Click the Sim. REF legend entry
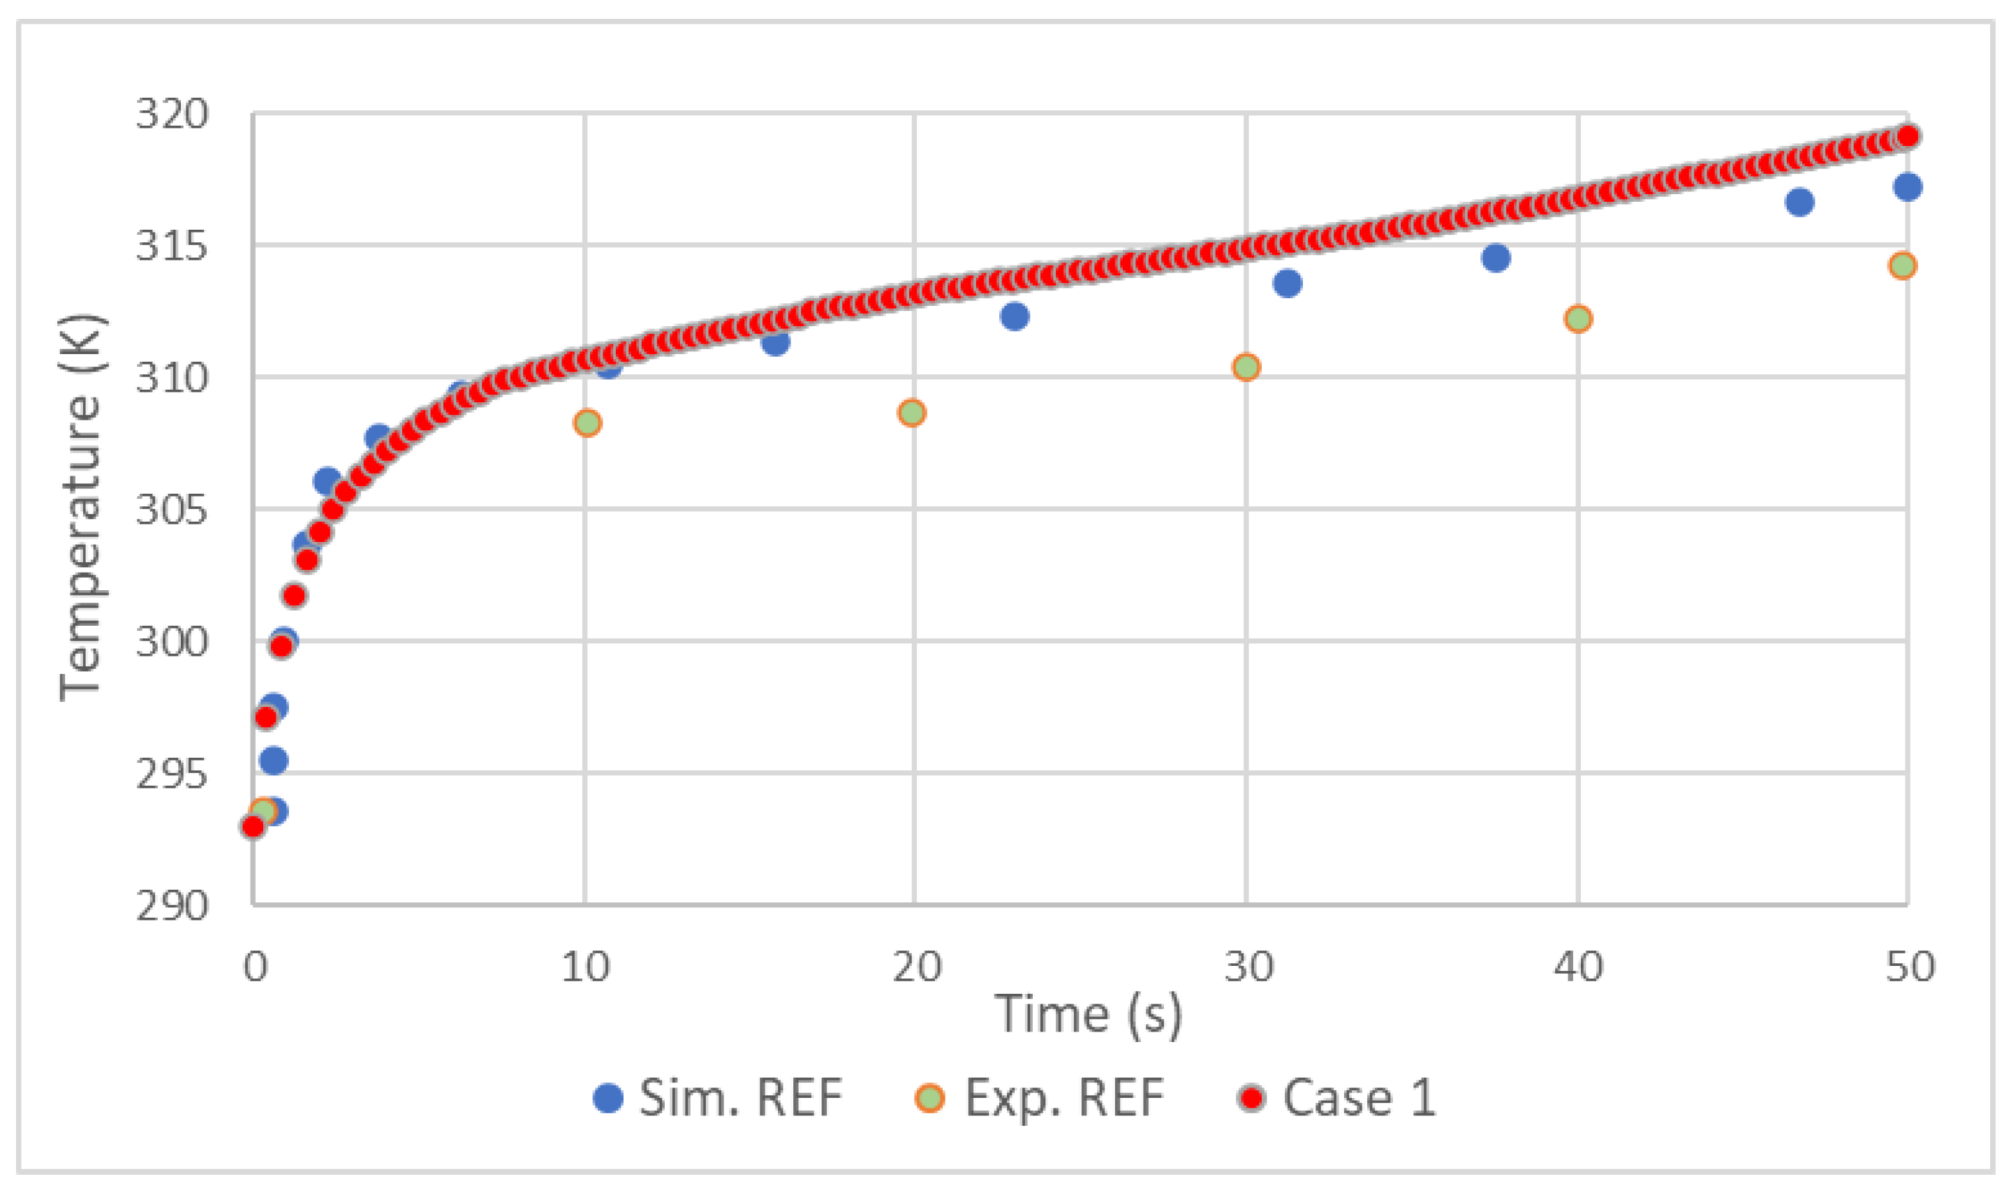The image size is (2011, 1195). [x=716, y=1097]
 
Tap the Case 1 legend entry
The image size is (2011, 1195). [x=1337, y=1097]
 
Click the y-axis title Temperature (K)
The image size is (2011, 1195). [x=80, y=507]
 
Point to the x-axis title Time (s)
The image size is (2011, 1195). [x=1089, y=1014]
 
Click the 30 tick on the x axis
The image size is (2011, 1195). [x=1248, y=967]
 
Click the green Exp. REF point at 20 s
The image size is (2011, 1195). [x=912, y=413]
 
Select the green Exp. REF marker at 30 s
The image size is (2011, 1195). [x=1246, y=367]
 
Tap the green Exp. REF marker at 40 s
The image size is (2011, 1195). [x=1578, y=319]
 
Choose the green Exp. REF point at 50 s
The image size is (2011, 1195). [x=1902, y=265]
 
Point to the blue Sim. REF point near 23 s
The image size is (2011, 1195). [x=1015, y=316]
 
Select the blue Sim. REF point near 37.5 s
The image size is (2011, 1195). [x=1496, y=258]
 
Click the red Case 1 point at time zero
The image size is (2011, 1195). [x=253, y=827]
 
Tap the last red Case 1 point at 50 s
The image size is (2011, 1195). [x=1907, y=136]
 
